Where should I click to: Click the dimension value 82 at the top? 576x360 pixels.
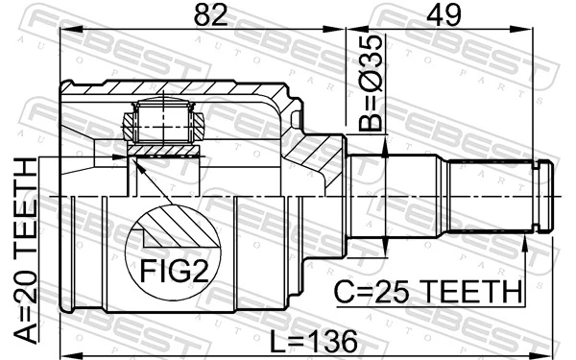pos(204,16)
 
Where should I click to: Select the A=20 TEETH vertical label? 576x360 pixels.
pos(26,252)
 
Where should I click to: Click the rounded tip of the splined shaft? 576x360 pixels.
pos(545,198)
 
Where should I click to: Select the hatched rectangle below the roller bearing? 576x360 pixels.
pos(165,149)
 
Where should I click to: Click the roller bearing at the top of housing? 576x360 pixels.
pos(166,121)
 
